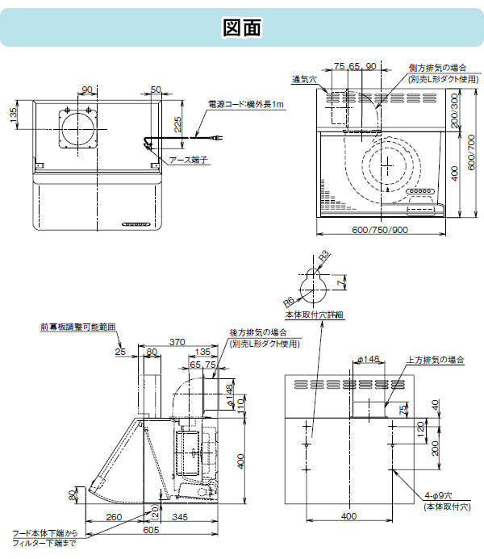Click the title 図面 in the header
tap(241, 27)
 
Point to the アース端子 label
tap(190, 160)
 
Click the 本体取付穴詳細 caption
tap(314, 315)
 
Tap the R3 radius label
tap(324, 256)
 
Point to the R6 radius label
tap(288, 300)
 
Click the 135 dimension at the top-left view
tap(13, 115)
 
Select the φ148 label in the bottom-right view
tap(367, 360)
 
